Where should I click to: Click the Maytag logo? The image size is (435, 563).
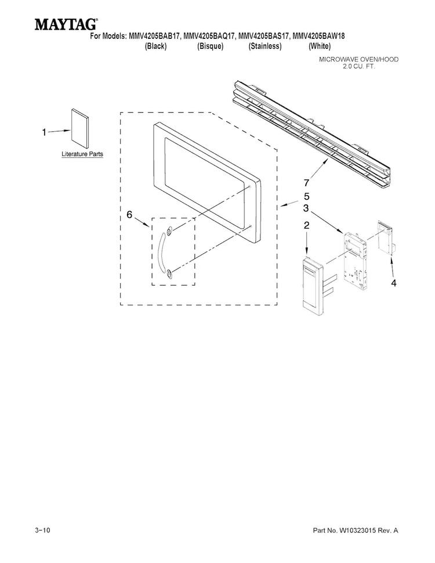click(66, 24)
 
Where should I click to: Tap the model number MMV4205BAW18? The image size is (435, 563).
click(319, 36)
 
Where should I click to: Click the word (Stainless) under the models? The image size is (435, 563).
click(265, 46)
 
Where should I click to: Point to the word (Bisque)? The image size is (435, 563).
click(211, 46)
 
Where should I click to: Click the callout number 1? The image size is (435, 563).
click(44, 132)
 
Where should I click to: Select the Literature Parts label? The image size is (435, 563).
click(82, 154)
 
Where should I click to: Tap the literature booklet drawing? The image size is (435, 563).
click(79, 128)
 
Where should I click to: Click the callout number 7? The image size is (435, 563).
click(306, 183)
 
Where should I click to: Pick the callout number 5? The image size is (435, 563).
click(306, 196)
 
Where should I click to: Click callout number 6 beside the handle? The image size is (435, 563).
click(129, 214)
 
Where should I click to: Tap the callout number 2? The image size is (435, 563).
click(306, 225)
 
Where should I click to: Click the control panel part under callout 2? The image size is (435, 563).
click(313, 286)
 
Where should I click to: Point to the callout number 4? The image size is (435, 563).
click(394, 283)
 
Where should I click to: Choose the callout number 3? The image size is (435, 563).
click(306, 208)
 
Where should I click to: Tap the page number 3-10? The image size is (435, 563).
click(43, 530)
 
